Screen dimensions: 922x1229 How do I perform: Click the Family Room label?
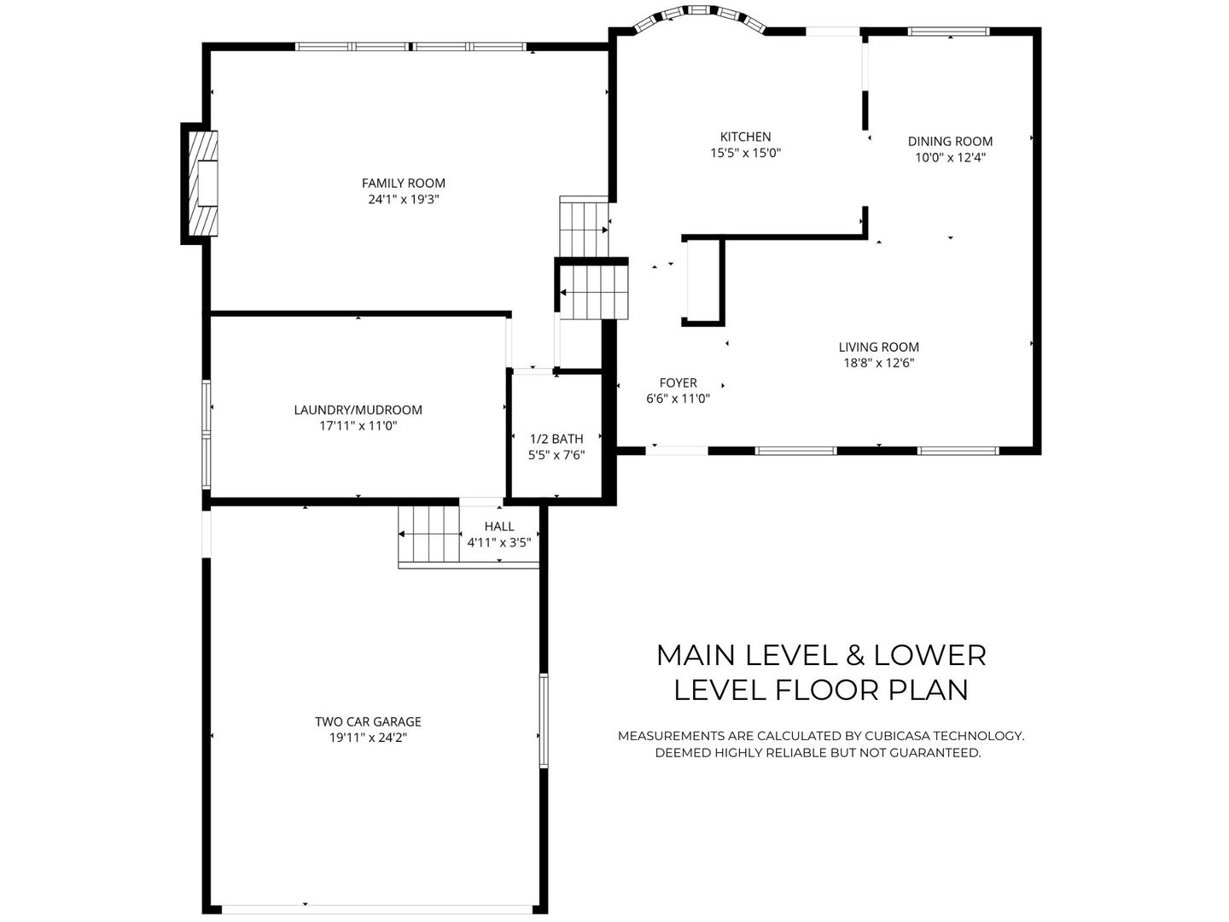(x=403, y=183)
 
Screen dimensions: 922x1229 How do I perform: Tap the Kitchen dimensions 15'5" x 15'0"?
(x=745, y=153)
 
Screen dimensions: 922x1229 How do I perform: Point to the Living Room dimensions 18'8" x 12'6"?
(x=878, y=362)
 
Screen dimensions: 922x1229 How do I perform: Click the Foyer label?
(x=678, y=382)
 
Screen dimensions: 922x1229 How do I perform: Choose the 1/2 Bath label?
(x=556, y=439)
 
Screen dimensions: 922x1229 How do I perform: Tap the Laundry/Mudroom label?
(x=358, y=410)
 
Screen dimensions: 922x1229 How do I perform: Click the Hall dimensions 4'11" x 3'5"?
(x=499, y=541)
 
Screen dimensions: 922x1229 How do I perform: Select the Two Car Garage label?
(x=368, y=721)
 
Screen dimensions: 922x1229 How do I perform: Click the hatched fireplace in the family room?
(x=202, y=183)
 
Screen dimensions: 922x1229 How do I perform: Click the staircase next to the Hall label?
(x=428, y=534)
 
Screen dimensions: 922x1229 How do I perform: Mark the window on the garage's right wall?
(x=543, y=721)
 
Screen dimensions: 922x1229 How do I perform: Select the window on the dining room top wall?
(x=948, y=32)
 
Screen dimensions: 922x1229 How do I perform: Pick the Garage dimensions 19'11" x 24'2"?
(x=368, y=738)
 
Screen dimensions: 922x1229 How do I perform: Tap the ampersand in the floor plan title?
(x=857, y=655)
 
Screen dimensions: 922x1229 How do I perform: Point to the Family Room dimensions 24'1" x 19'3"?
(x=403, y=199)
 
